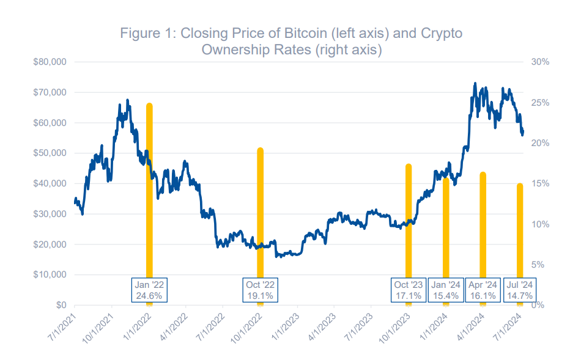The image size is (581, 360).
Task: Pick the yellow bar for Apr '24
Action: click(483, 226)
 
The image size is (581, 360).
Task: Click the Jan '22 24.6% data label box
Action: click(150, 290)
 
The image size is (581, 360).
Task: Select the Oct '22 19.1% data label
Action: click(261, 290)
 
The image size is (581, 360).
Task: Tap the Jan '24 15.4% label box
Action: click(446, 290)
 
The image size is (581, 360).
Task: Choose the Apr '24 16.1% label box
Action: click(483, 290)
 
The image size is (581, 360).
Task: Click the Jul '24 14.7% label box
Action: click(519, 290)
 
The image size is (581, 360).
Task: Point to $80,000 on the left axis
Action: click(51, 62)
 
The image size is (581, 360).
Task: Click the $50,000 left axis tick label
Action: click(51, 153)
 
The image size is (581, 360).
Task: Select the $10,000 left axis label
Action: click(51, 274)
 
